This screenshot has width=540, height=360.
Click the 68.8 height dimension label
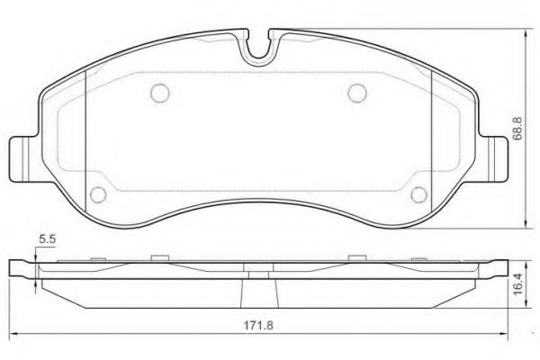coord(517,128)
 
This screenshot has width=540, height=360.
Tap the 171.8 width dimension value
coord(258,325)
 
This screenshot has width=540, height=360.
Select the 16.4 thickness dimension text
coord(518,284)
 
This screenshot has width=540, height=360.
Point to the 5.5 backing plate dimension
coord(47,239)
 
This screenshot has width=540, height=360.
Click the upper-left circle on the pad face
coord(160,93)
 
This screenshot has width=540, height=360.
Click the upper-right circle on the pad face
coord(357,93)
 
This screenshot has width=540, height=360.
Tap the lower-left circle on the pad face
coord(98,194)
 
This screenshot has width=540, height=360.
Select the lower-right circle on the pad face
coord(419,194)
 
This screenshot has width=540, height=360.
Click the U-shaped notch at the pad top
coord(258,51)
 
